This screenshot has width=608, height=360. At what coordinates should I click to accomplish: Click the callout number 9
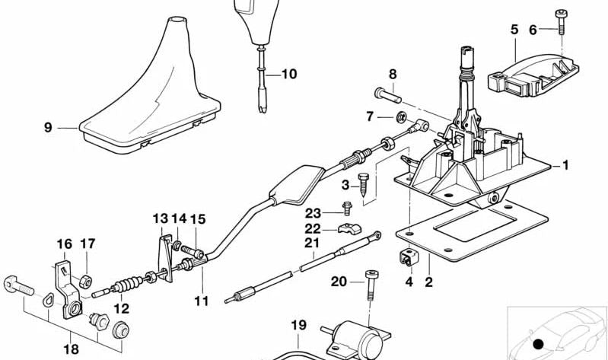[48, 128]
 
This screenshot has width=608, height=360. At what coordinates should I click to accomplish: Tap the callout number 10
[289, 75]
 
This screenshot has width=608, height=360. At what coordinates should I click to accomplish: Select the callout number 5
[514, 30]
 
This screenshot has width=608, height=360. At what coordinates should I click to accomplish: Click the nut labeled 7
[399, 117]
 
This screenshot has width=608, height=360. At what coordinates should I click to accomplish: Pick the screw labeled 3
[364, 183]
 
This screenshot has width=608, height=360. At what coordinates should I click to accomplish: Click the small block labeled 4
[409, 258]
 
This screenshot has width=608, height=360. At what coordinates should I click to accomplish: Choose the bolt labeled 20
[371, 283]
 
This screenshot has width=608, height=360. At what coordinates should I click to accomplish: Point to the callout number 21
[310, 244]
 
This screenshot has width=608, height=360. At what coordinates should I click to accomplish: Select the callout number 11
[201, 301]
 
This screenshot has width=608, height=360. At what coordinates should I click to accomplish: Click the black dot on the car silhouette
[539, 345]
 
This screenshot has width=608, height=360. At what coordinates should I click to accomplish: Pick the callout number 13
[160, 219]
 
